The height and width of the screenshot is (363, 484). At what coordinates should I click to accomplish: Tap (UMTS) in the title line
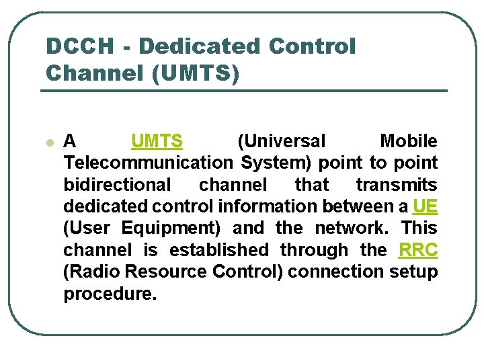click(196, 73)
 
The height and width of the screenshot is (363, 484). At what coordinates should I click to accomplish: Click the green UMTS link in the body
click(157, 141)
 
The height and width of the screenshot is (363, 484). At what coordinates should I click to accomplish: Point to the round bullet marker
click(48, 143)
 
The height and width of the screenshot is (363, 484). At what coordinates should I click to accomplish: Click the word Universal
click(282, 141)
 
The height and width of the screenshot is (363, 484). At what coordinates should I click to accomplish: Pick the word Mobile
click(408, 141)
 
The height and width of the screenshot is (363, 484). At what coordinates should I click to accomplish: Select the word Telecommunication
click(147, 163)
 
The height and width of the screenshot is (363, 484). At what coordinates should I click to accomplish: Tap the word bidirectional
click(118, 184)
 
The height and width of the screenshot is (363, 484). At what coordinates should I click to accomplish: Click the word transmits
click(397, 184)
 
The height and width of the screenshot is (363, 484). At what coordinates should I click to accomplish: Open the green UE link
click(425, 206)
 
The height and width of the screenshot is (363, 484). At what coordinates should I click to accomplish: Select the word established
click(218, 250)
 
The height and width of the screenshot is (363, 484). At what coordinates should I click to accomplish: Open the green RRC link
click(417, 250)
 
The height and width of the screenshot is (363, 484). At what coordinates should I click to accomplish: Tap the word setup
click(413, 272)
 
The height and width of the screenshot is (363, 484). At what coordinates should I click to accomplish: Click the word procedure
click(110, 294)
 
